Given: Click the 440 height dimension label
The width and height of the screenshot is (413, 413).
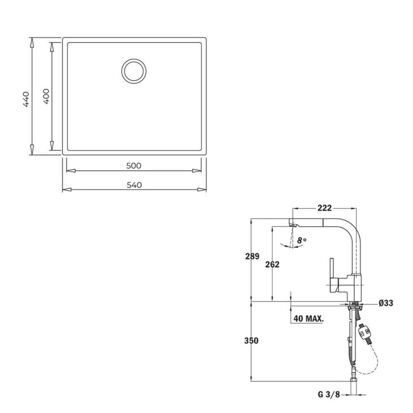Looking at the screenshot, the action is coord(26,99).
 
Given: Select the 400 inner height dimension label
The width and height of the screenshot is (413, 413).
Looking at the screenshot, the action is coord(46,96).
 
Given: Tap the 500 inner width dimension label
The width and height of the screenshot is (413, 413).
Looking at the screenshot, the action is coord(134,166).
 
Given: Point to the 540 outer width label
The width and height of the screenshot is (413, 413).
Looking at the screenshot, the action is coord(134,185).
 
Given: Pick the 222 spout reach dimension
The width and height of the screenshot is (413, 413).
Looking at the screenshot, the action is coord(325,208).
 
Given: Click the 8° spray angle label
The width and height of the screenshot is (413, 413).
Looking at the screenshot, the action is coord(302,240).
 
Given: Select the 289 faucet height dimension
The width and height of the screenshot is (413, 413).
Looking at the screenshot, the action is coord(252,256).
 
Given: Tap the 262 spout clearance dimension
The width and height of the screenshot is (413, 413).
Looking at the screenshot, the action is coord(272,264).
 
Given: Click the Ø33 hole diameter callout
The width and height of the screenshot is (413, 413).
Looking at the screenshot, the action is coord(386,303).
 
